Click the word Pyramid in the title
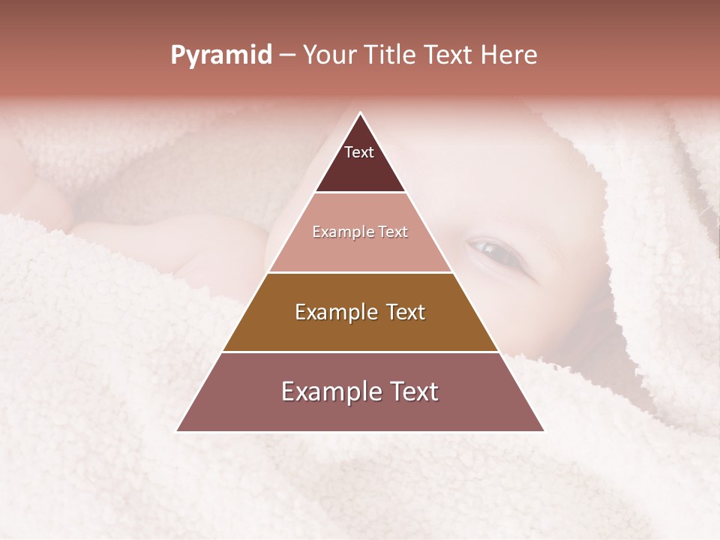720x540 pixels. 220,55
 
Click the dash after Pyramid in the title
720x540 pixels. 287,55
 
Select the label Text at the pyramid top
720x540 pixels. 359,152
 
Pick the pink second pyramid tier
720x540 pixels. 360,251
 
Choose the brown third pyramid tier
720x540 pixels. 360,330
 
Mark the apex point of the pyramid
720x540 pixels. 361,113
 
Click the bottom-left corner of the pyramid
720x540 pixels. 177,431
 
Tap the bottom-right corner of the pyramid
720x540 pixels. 544,431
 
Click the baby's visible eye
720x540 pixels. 494,252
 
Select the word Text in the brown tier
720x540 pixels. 406,312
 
